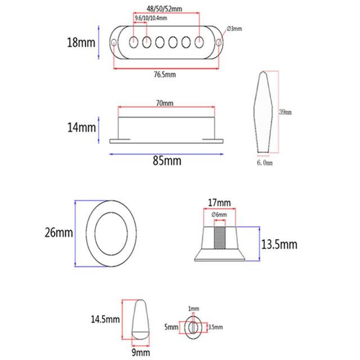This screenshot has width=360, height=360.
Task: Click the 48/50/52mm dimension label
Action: click(164, 9)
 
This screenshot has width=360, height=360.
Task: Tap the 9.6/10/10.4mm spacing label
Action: click(151, 18)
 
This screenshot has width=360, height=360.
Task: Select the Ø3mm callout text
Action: click(234, 29)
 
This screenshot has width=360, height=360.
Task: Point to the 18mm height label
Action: click(81, 43)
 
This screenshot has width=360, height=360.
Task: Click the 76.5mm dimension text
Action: click(165, 74)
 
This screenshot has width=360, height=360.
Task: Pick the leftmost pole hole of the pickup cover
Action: click(133, 42)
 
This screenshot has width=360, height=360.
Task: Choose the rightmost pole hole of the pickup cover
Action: click(199, 42)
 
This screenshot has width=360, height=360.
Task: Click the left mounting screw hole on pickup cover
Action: click(114, 43)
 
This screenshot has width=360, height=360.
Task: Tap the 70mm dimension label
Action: click(165, 103)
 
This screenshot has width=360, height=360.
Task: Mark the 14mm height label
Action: click(82, 128)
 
